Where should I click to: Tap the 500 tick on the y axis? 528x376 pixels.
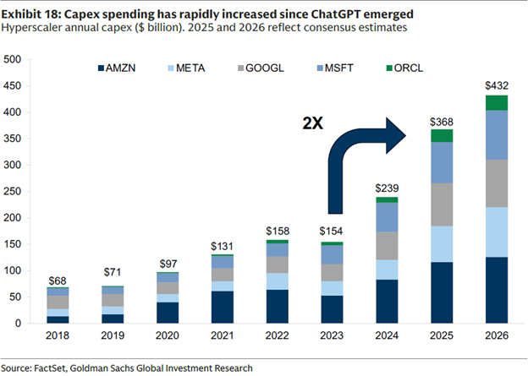[13, 60]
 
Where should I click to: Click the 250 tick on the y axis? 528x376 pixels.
[13, 192]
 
